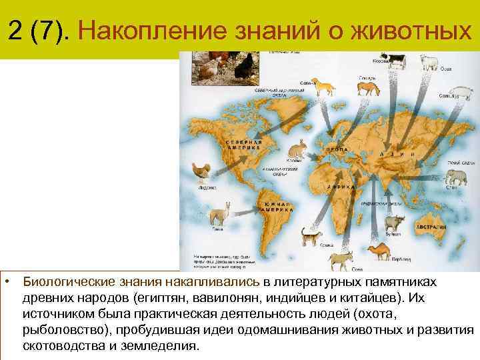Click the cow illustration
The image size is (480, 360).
click(395, 60)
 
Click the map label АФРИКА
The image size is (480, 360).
click(339, 189)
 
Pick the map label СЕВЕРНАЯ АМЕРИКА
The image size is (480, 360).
click(245, 145)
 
